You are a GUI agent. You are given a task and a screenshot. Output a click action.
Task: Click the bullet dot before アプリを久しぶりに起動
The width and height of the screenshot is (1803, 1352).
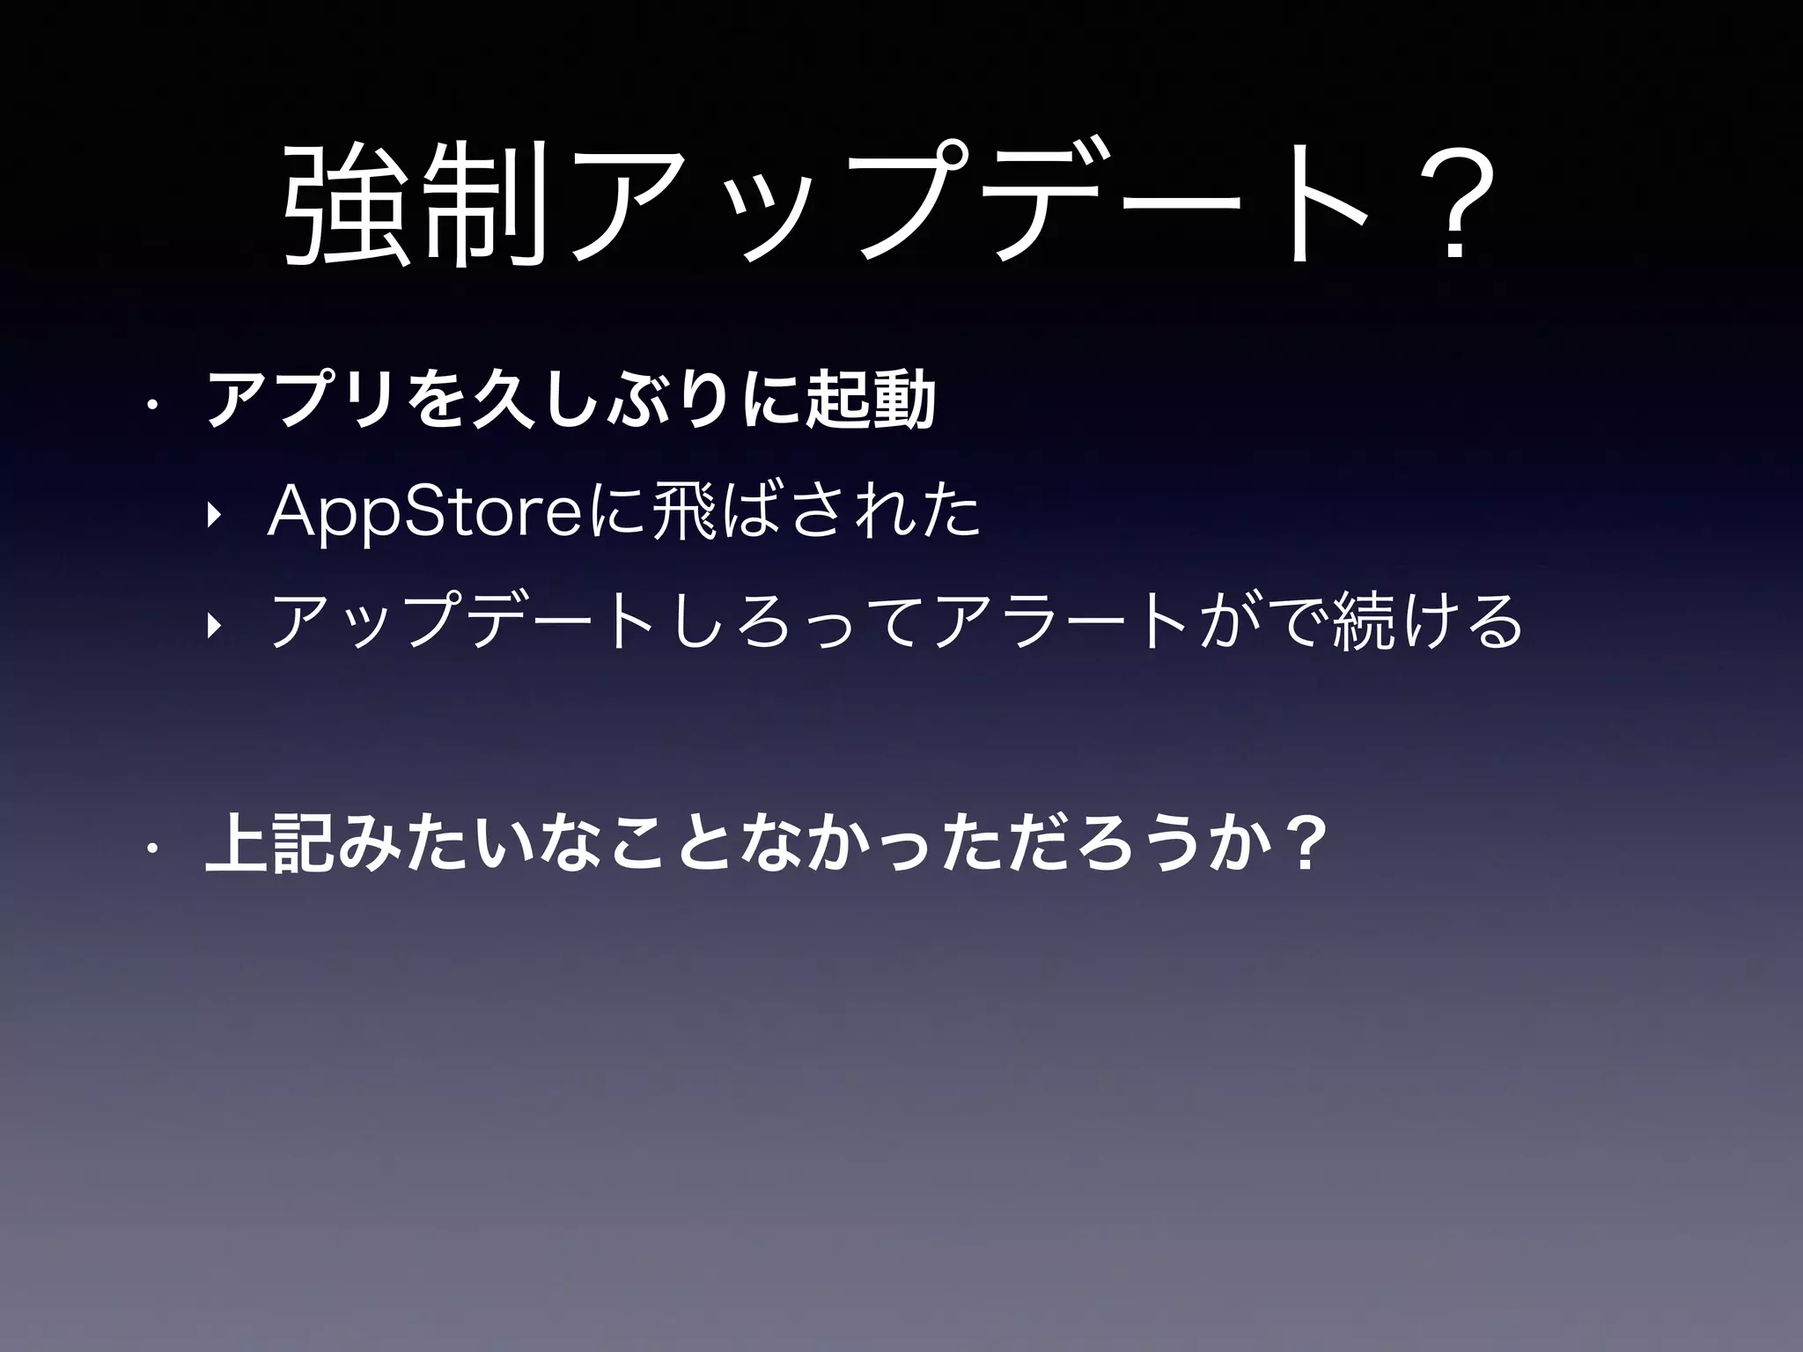click(x=151, y=406)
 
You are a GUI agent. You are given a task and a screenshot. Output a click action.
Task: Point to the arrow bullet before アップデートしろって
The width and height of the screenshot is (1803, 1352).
click(x=211, y=625)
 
